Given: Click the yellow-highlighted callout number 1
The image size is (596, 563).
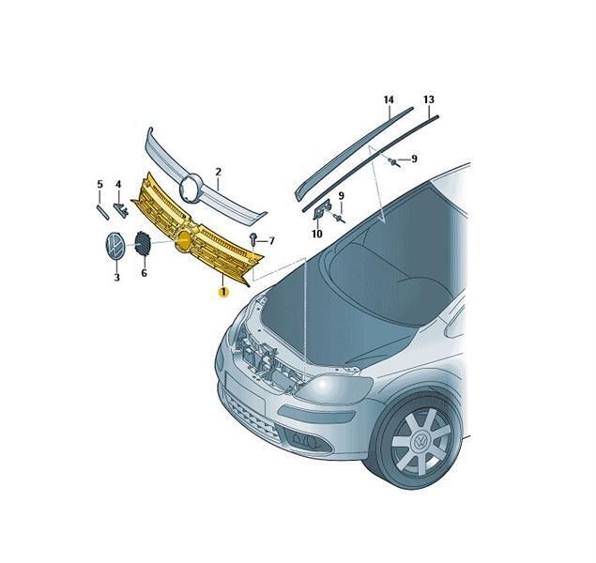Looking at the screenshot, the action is tap(222, 292).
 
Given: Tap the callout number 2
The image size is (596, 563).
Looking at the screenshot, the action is tap(218, 172).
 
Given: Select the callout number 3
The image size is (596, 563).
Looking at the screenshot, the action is tap(116, 278).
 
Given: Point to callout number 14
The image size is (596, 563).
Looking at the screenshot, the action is tap(389, 99).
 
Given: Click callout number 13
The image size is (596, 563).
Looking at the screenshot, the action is tap(428, 99).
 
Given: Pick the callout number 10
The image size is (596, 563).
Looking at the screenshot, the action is tap(316, 234).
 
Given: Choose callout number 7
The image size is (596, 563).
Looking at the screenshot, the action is tap(271, 241).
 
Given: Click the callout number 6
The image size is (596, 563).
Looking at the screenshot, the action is tap(144, 273).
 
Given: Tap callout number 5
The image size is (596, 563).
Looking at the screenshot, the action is tap(99, 184).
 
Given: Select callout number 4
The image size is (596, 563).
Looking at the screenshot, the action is tap(118, 184).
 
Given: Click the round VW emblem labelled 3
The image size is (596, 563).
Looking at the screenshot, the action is tap(115, 248).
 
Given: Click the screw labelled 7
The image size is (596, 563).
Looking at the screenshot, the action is tap(253, 239).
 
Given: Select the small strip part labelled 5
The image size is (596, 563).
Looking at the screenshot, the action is tap(102, 212).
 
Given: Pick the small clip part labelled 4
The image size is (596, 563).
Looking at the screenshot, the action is tap(120, 209).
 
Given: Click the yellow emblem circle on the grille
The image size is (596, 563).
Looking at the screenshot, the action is tap(184, 241).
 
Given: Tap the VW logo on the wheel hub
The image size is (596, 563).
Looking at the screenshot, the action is tap(420, 442).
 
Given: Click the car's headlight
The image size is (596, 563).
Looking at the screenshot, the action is tap(334, 388).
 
